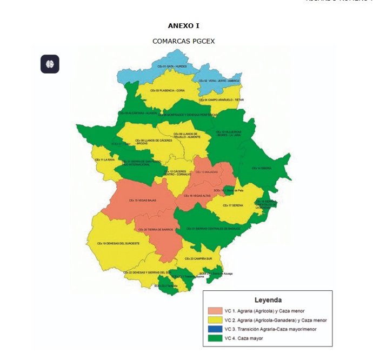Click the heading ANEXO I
click(x=184, y=25)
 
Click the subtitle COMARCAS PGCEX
click(x=184, y=41)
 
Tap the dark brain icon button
click(x=50, y=64)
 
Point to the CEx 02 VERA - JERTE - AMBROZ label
click(x=218, y=81)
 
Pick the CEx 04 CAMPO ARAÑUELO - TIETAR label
click(x=222, y=100)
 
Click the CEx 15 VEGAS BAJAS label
click(x=142, y=201)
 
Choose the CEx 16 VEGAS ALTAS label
click(x=197, y=196)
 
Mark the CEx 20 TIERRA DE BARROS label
click(x=156, y=230)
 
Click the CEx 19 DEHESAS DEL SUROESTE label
click(x=118, y=244)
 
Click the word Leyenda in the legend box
click(x=268, y=299)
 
